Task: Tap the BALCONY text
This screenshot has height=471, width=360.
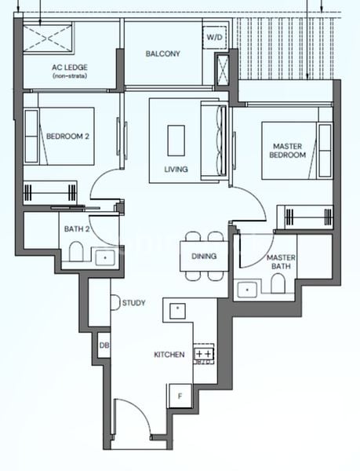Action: pos(163,54)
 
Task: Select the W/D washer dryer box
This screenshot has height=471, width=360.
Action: pos(214,37)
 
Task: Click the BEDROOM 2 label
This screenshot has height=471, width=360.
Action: pos(67,136)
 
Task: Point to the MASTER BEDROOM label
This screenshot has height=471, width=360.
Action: pos(288,151)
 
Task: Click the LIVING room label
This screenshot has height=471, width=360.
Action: pos(176,169)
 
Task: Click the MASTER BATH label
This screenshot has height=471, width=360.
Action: pos(280,262)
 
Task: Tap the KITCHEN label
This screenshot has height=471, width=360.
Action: pos(169,355)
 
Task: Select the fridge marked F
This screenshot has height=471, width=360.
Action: pos(180,396)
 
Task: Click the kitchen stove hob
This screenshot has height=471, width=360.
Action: pos(203,354)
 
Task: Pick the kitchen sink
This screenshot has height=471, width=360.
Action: pos(177,309)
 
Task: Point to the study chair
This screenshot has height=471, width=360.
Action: pos(114,302)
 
